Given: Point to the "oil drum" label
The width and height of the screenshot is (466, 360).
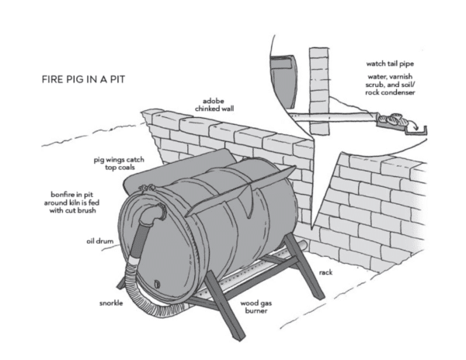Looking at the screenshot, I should coord(101,241).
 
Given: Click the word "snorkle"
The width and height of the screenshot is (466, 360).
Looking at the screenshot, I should coord(110,303).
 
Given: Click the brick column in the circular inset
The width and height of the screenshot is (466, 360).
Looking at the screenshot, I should coord(318,85).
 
